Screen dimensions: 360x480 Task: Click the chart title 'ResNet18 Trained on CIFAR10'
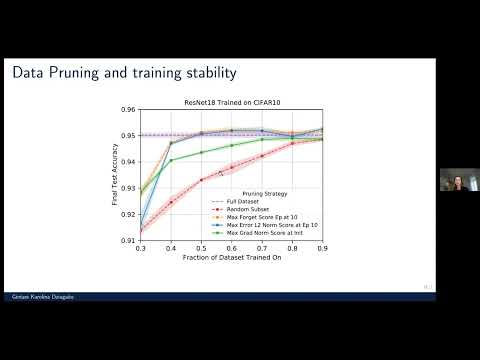[x=232, y=101]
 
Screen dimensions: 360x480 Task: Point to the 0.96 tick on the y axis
[x=129, y=109]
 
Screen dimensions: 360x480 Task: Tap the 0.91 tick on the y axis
[x=129, y=241]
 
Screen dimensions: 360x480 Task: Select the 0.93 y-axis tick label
[x=129, y=188]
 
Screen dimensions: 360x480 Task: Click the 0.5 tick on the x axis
[x=202, y=249]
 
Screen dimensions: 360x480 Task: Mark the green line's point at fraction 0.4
[x=171, y=160]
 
